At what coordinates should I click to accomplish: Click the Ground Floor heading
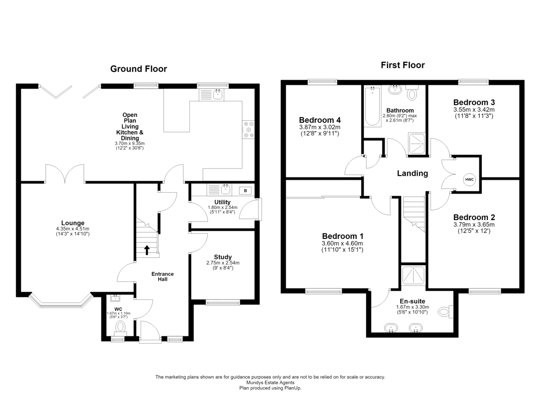click(x=138, y=69)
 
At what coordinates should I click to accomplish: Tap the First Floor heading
click(x=403, y=65)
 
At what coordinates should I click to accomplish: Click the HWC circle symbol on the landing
click(x=469, y=180)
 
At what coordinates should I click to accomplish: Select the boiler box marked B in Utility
click(x=245, y=191)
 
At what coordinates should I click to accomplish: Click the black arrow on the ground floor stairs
click(x=147, y=250)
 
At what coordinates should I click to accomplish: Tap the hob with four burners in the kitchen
click(x=248, y=130)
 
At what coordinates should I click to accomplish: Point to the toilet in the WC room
click(x=120, y=328)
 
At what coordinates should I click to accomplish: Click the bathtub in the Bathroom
click(x=372, y=107)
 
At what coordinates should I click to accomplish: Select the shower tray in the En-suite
click(x=413, y=275)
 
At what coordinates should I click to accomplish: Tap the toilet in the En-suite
click(x=445, y=312)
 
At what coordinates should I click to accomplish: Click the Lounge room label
click(x=73, y=223)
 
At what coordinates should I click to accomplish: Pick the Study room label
click(x=223, y=257)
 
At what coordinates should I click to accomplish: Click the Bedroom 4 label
click(x=320, y=120)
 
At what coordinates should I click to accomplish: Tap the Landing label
click(x=413, y=173)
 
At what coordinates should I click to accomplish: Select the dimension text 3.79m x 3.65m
click(x=474, y=225)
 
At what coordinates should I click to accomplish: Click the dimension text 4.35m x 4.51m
click(x=73, y=229)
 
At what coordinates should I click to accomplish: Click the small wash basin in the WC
click(x=115, y=298)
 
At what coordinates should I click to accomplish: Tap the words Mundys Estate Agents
click(x=270, y=382)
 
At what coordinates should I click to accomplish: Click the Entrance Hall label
click(x=163, y=276)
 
